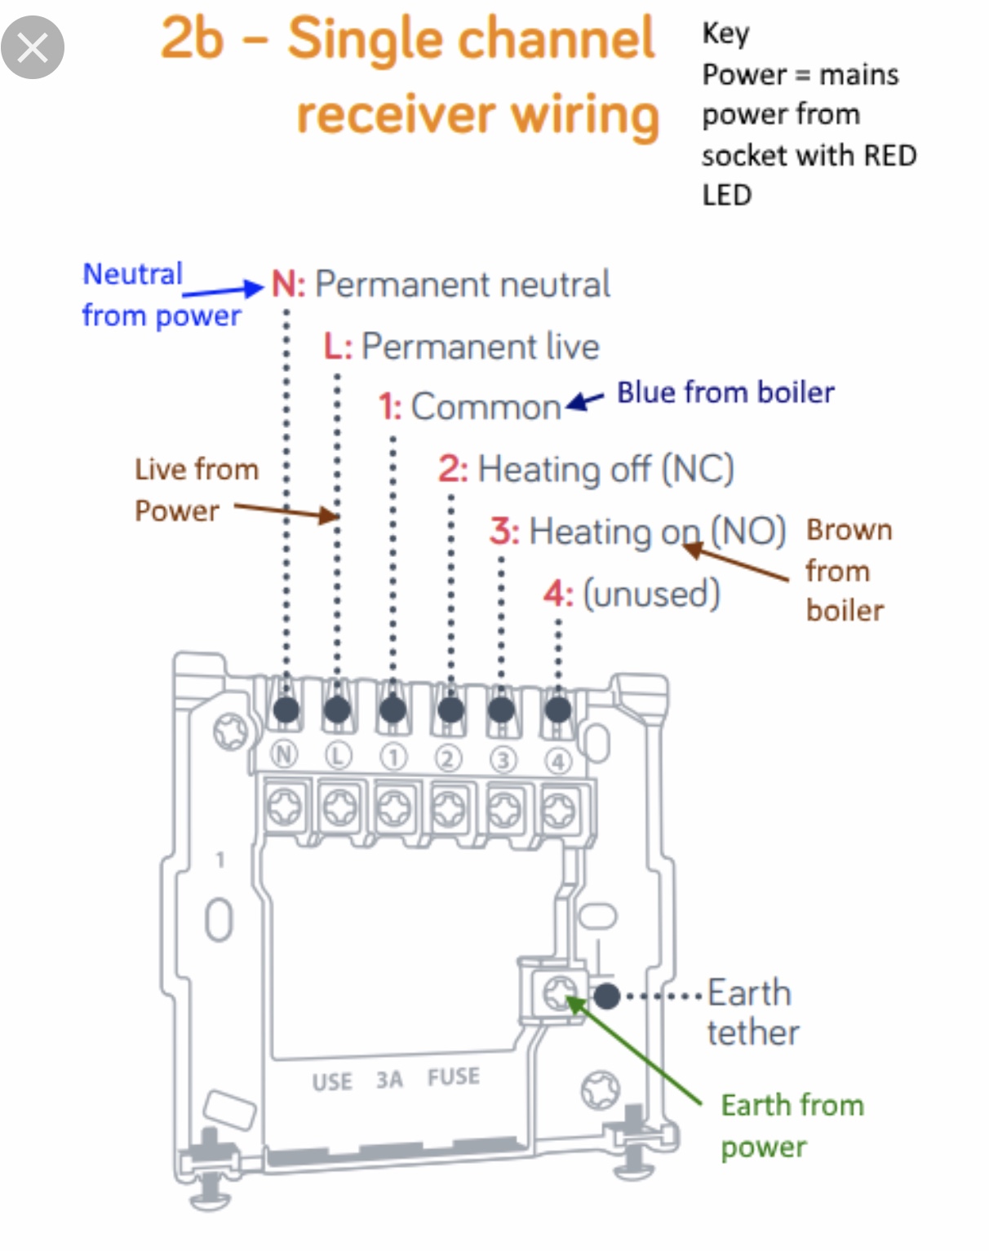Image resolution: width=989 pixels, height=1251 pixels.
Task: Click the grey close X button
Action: pyautogui.click(x=33, y=47)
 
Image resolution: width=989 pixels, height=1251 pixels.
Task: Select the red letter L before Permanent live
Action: pyautogui.click(x=332, y=347)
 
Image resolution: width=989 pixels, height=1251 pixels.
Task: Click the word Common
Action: pyautogui.click(x=486, y=407)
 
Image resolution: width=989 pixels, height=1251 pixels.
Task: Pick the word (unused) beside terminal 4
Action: pyautogui.click(x=651, y=594)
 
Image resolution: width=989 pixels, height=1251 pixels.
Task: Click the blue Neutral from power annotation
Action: pyautogui.click(x=161, y=295)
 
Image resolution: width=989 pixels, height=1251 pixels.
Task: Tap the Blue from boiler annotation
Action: pyautogui.click(x=725, y=393)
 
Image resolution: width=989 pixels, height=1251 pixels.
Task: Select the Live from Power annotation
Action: pyautogui.click(x=196, y=490)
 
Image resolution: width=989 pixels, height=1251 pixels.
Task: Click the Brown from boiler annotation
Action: pyautogui.click(x=849, y=570)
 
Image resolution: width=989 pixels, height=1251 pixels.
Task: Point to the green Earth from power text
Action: pyautogui.click(x=792, y=1125)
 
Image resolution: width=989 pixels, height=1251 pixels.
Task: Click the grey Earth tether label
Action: pyautogui.click(x=752, y=1013)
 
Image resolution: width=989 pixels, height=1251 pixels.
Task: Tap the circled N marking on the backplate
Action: pyautogui.click(x=284, y=754)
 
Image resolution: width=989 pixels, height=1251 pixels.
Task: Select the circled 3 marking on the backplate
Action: pyautogui.click(x=503, y=760)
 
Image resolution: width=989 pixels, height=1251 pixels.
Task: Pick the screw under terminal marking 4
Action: pyautogui.click(x=559, y=810)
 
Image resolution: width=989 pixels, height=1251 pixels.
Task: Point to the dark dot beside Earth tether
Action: pyautogui.click(x=606, y=996)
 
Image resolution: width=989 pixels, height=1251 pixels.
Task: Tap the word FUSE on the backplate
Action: pyautogui.click(x=454, y=1077)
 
